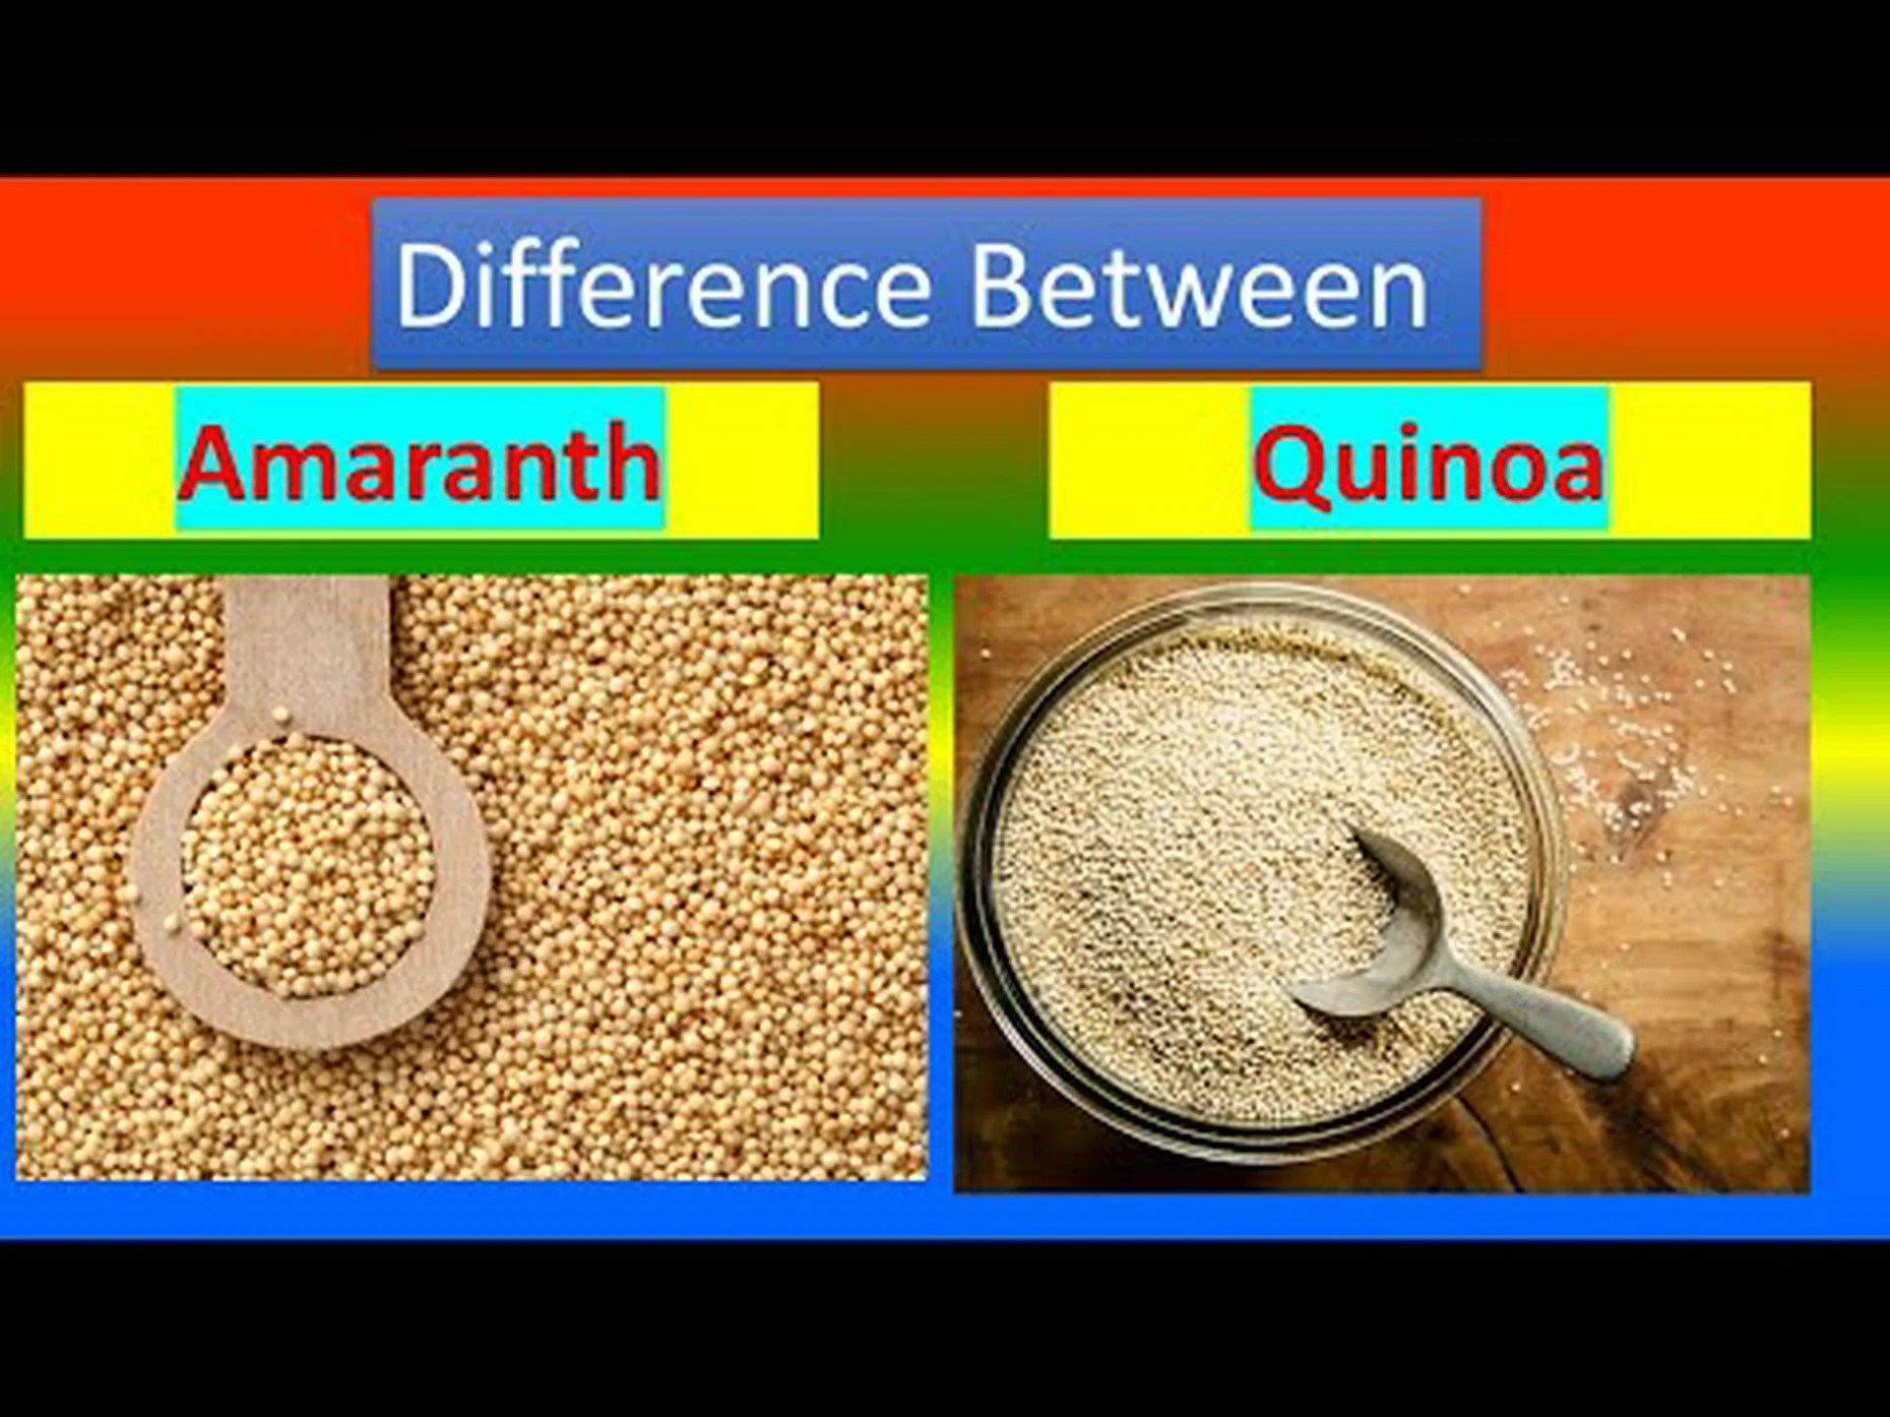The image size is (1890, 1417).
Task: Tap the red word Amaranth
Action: point(419,462)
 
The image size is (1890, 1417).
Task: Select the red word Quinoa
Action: point(1428,464)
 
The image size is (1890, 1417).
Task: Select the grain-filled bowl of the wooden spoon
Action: point(307,867)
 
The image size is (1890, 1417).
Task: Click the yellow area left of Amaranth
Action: point(99,460)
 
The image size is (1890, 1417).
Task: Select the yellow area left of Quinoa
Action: point(1150,461)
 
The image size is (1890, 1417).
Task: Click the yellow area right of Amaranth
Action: point(741,460)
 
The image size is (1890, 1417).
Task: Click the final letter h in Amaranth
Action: point(630,462)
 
